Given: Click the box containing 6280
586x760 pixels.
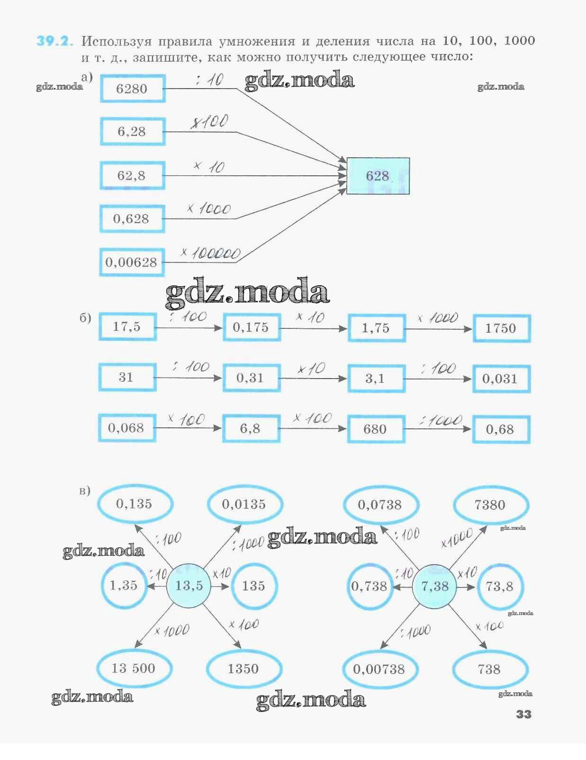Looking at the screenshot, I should coord(132,89).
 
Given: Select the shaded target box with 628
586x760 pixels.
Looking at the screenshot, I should coord(378,176).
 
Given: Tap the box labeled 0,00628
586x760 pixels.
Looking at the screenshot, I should coord(131,262).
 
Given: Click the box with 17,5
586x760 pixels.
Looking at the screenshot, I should coord(127,326).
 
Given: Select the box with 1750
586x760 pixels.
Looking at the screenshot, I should coord(501,328).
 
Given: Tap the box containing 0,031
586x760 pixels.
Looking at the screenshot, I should coord(501,379).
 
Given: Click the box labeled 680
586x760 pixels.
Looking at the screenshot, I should coord(376,429).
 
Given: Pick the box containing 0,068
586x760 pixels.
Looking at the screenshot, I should coord(126,428).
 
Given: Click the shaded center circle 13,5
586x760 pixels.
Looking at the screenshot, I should coord(189,586).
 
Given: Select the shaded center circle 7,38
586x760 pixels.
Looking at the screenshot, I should coord(434,587).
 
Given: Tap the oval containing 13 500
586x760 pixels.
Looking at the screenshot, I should coord(134,669).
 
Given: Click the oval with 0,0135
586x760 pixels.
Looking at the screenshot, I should coord(244,504).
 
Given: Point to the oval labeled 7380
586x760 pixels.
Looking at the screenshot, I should coord(490,505).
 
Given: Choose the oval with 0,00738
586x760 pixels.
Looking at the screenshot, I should coord(379,670).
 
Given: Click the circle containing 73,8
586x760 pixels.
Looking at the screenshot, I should coord(499,587).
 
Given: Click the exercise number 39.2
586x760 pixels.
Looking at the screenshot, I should coord(55,41).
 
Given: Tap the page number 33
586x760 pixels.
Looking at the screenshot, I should coord(523,714).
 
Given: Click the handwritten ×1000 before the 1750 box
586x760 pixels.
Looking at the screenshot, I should coord(438,318).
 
